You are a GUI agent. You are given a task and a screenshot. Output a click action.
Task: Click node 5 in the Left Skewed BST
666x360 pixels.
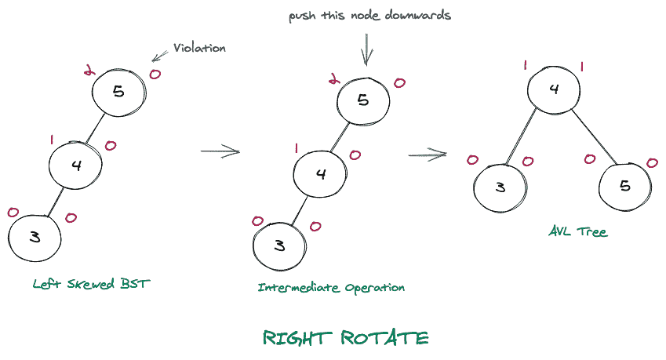pos(118,93)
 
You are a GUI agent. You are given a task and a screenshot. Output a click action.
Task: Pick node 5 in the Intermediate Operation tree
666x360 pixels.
pos(363,100)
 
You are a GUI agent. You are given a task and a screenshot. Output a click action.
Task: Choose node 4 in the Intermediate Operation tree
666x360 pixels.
pos(321,173)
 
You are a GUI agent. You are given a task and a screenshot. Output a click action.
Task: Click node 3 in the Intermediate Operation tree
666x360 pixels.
pos(279,245)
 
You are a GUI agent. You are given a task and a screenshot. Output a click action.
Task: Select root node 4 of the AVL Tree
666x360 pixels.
pos(553,88)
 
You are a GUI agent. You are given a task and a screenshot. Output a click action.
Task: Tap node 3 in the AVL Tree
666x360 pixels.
pos(500,189)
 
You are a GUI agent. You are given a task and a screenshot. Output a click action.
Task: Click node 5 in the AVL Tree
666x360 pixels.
pos(625,187)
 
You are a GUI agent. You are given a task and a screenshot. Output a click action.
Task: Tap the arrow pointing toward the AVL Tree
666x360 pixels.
pos(428,154)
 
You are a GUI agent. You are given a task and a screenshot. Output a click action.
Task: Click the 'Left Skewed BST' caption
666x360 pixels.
pos(91,284)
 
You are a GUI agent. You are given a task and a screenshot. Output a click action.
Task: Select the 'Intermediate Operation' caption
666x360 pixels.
pos(331,288)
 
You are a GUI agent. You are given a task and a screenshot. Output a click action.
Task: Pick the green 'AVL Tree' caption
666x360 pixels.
pos(578,232)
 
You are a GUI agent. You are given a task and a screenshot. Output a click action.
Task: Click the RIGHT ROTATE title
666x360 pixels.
pos(345,338)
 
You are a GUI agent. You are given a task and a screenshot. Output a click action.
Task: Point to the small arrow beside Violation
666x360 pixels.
pos(160,55)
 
